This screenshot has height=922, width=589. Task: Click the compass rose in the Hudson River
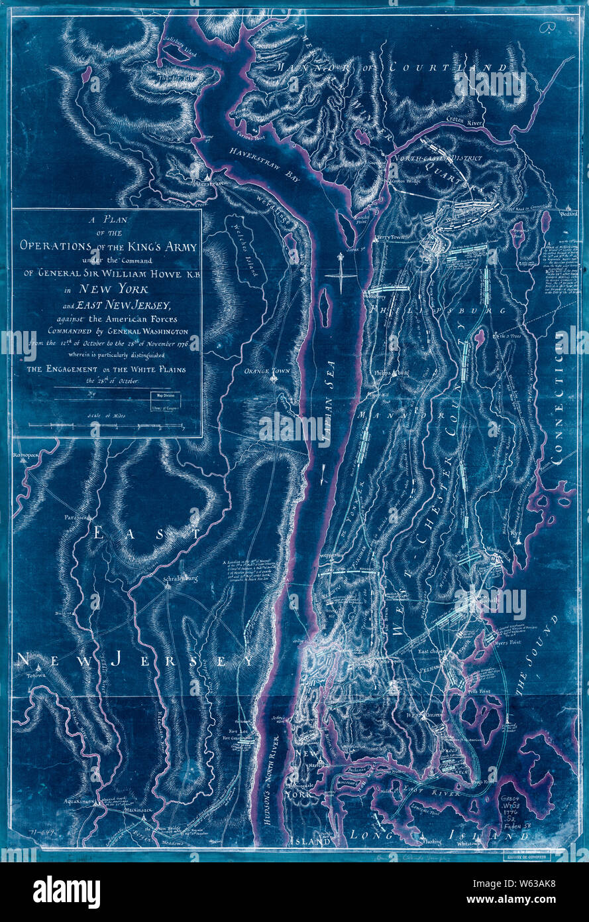tap(339, 272)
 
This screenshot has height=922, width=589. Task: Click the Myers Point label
tap(507, 642)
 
